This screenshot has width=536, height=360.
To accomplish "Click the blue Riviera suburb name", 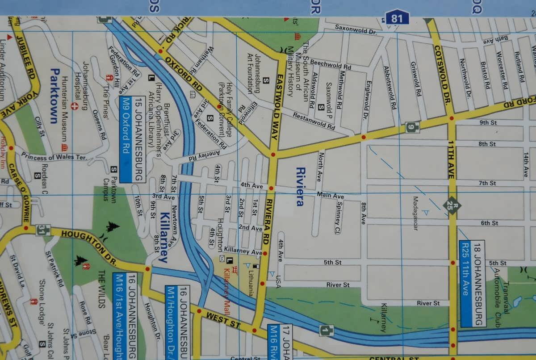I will (x=300, y=187).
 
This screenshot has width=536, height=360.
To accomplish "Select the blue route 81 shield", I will (x=397, y=18).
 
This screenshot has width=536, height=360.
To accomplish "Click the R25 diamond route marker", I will (x=452, y=205).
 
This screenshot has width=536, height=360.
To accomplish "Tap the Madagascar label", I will (x=415, y=213).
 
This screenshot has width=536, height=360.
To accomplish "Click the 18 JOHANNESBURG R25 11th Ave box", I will (x=472, y=283).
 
